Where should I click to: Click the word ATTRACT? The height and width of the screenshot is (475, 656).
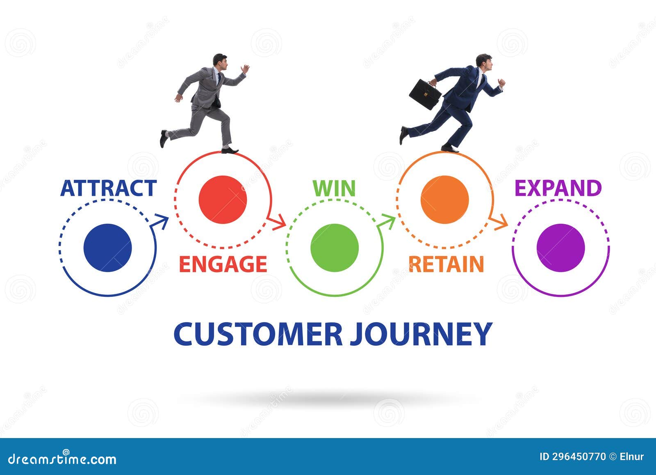coord(108,188)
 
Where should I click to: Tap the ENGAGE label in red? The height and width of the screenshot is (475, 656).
coord(223,264)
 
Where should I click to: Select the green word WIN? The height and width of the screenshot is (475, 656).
coord(334,188)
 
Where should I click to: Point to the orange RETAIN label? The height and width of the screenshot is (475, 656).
coord(446,264)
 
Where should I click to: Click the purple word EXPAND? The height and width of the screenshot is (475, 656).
coord(558,188)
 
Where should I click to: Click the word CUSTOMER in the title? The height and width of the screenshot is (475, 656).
coord(258,334)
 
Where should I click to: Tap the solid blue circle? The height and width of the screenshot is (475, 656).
coord(107,248)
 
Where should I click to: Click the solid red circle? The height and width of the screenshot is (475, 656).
coord(223,200)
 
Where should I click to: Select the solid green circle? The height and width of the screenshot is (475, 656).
coord(335,248)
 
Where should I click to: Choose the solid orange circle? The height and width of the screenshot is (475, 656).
coord(444,200)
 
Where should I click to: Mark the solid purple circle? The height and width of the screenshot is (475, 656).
coord(560,248)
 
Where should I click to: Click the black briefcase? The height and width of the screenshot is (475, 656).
coord(425,94)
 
